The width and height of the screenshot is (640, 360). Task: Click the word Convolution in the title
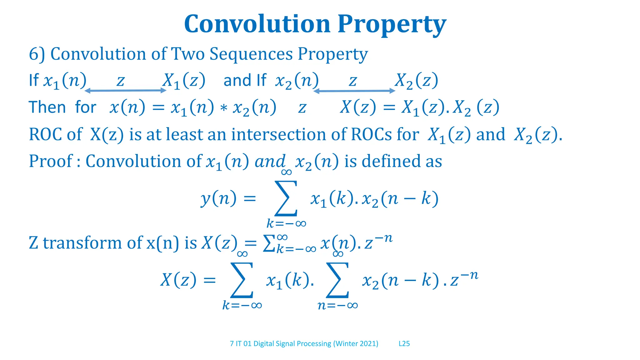(257, 24)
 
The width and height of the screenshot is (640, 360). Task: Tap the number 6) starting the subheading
(37, 54)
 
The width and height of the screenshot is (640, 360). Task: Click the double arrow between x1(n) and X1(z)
(125, 91)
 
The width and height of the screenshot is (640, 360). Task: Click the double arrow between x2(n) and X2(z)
(354, 91)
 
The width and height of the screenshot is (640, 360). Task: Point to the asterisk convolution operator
(223, 108)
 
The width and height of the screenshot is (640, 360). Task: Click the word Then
(47, 107)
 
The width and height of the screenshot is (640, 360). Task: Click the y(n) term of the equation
(218, 199)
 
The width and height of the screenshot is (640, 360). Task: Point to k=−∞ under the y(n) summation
(286, 223)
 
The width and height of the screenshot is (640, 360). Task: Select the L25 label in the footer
(404, 344)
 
